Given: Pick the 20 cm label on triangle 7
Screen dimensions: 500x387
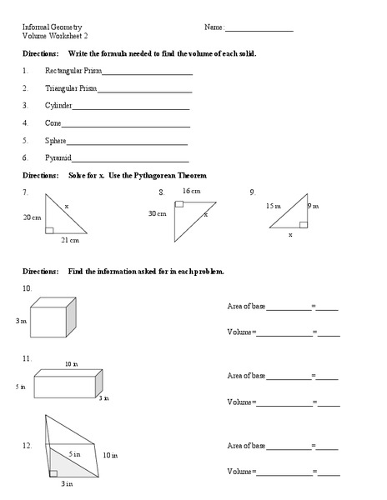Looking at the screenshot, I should (x=32, y=217).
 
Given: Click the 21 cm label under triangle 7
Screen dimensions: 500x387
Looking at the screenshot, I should (x=69, y=241).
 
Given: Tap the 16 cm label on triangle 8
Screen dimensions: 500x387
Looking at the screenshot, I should (x=191, y=191).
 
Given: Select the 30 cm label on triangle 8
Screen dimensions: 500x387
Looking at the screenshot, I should (x=158, y=213).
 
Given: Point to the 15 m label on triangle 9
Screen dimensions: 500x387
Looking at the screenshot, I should (x=274, y=205).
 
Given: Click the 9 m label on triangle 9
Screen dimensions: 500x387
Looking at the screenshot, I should (x=313, y=205).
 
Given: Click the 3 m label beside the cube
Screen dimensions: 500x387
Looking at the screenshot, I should (x=22, y=320).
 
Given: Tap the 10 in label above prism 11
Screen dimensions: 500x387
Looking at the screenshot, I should (x=71, y=363).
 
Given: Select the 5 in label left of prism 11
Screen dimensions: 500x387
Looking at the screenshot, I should (x=21, y=387).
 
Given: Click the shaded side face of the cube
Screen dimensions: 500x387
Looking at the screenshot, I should (x=71, y=315).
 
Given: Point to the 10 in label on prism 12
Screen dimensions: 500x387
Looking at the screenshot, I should (x=110, y=456).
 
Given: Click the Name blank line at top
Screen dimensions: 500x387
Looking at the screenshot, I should (x=259, y=28).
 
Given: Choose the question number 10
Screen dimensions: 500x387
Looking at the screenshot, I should (x=28, y=287).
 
